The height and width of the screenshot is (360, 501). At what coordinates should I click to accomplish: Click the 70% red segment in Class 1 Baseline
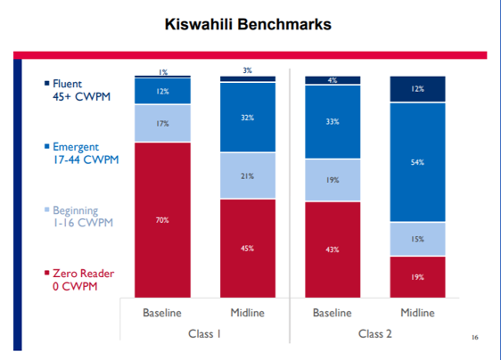(x=162, y=218)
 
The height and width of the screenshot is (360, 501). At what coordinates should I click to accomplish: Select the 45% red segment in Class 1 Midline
(x=247, y=248)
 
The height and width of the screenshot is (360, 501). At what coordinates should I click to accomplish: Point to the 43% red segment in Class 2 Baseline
(x=332, y=249)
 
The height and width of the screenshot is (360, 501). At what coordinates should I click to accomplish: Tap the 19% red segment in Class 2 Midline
(x=417, y=277)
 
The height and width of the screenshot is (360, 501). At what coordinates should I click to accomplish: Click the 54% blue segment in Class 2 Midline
(x=417, y=162)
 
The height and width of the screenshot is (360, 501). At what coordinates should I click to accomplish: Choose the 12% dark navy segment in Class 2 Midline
(x=417, y=89)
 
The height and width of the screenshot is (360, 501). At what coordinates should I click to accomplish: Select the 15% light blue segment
(x=417, y=239)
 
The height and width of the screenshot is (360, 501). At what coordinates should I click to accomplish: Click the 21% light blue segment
(x=247, y=176)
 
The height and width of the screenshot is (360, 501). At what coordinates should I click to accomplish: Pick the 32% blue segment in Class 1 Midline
(x=247, y=117)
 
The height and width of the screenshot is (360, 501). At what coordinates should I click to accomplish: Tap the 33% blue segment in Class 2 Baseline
(x=332, y=121)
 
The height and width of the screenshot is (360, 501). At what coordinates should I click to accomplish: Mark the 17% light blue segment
(x=162, y=124)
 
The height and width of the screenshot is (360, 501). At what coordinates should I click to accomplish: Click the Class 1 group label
(x=204, y=334)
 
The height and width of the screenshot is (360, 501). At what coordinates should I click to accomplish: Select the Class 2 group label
(x=374, y=334)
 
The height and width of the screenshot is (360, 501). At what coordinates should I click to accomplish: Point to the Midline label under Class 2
(x=417, y=314)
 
